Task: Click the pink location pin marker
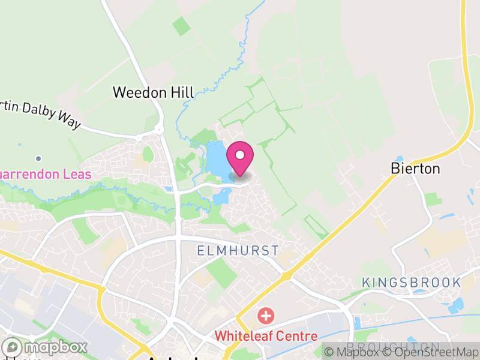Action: tap(240, 157)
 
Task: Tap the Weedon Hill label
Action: tap(154, 92)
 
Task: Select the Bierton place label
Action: tap(415, 169)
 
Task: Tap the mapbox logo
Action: tap(46, 347)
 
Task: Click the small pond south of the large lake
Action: tap(222, 196)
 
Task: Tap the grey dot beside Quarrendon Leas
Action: tap(38, 158)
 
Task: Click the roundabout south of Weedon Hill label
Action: tap(159, 129)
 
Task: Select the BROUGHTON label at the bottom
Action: tap(394, 347)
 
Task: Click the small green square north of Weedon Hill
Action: tap(180, 26)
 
